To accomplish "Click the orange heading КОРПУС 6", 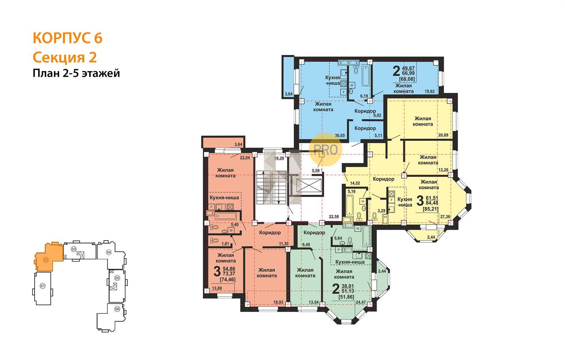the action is point(67,38).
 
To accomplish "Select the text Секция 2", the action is point(65,58).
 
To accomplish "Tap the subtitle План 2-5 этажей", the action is point(76,73).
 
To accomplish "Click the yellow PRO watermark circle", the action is point(325,150).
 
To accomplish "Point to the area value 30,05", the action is point(340,136).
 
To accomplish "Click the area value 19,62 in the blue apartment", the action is point(429,91).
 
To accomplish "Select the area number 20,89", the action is point(443,135).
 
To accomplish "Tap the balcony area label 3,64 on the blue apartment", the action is point(289,94).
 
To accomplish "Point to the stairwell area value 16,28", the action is point(279,158).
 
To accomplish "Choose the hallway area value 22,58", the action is point(334,216).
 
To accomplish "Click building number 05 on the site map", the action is point(117,278).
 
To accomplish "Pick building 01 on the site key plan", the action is point(43,286).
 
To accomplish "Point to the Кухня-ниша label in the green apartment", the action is point(350,262).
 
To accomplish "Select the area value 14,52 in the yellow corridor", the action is point(355,183).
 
